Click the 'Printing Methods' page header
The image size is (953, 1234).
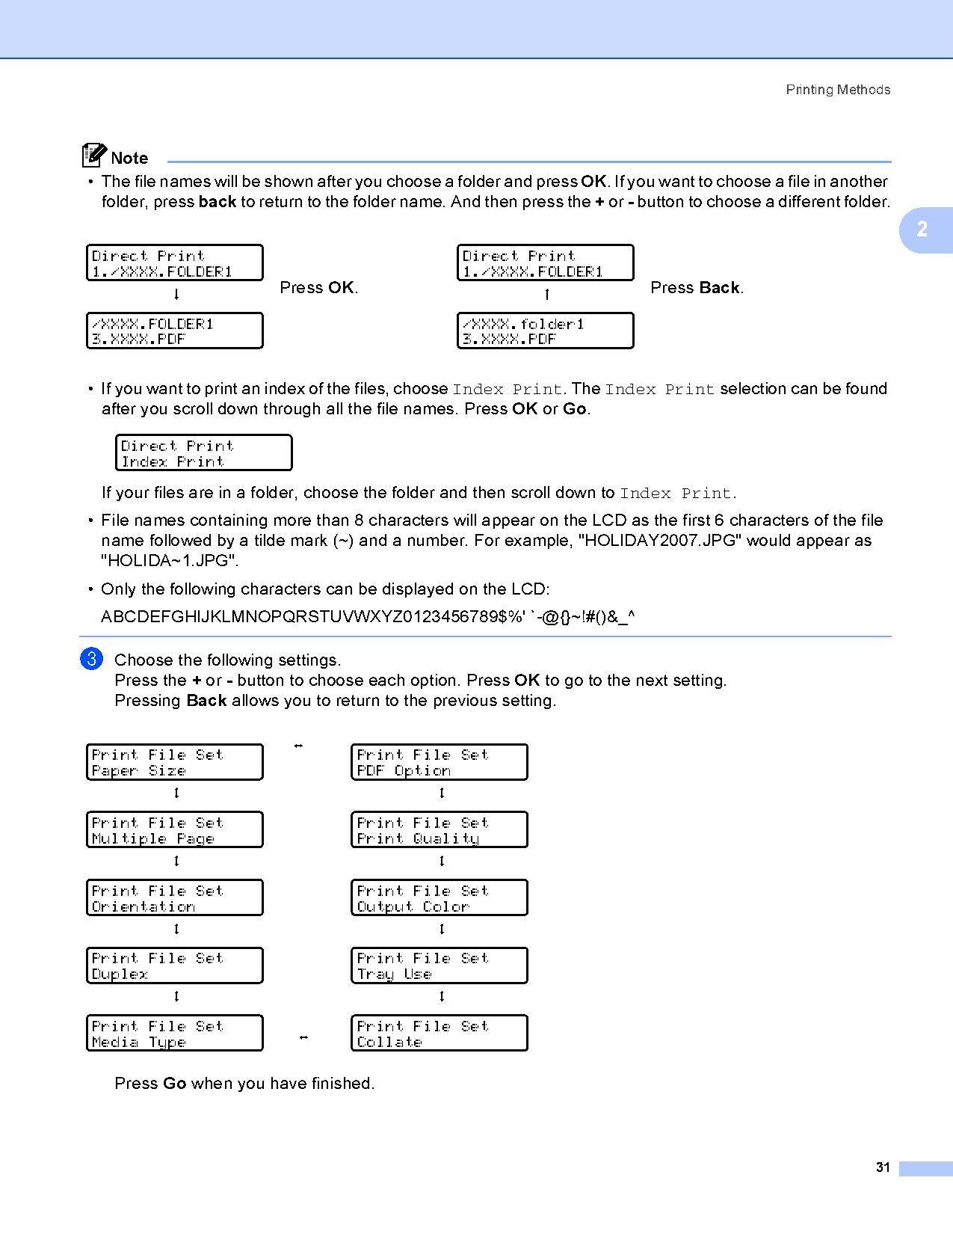(837, 90)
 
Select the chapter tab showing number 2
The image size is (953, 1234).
(923, 230)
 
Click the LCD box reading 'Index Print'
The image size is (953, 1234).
(203, 453)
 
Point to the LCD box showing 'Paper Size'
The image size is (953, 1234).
(175, 763)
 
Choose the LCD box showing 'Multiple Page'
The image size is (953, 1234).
(175, 830)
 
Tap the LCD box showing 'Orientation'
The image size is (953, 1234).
(175, 898)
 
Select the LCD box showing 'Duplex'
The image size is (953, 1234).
(175, 966)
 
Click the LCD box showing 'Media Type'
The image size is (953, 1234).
(175, 1034)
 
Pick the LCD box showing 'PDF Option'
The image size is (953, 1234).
(440, 763)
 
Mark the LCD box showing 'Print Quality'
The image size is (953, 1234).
(440, 830)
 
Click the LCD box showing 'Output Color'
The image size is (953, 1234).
(440, 898)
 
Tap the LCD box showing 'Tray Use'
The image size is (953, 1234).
(440, 966)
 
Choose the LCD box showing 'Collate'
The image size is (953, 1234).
(440, 1034)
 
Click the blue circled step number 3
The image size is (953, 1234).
(91, 659)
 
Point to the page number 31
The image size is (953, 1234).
(883, 1167)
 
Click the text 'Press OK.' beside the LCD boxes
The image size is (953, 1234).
(319, 288)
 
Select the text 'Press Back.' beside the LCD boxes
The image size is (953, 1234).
(697, 288)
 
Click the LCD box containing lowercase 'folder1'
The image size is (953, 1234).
(546, 331)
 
